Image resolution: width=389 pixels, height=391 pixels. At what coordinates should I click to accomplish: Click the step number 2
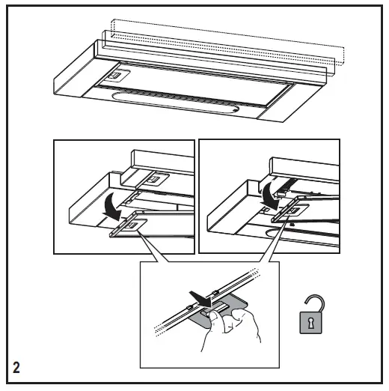point(16,368)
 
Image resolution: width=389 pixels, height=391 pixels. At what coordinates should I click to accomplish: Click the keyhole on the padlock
point(310,323)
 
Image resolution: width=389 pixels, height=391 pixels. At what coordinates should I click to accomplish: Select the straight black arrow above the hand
point(200,299)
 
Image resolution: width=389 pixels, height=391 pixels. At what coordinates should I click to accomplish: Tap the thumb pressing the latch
point(214,318)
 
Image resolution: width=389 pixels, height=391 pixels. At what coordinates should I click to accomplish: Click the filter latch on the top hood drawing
point(117,75)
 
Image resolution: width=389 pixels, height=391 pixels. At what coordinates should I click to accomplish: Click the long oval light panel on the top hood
point(175,103)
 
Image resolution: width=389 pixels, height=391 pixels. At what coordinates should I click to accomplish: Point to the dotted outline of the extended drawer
point(227,42)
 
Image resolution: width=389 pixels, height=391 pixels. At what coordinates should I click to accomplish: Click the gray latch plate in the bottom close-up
point(219,310)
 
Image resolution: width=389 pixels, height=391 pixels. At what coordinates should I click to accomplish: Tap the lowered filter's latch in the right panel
point(295,210)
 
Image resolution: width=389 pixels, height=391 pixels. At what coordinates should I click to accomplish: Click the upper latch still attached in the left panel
point(154,179)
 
